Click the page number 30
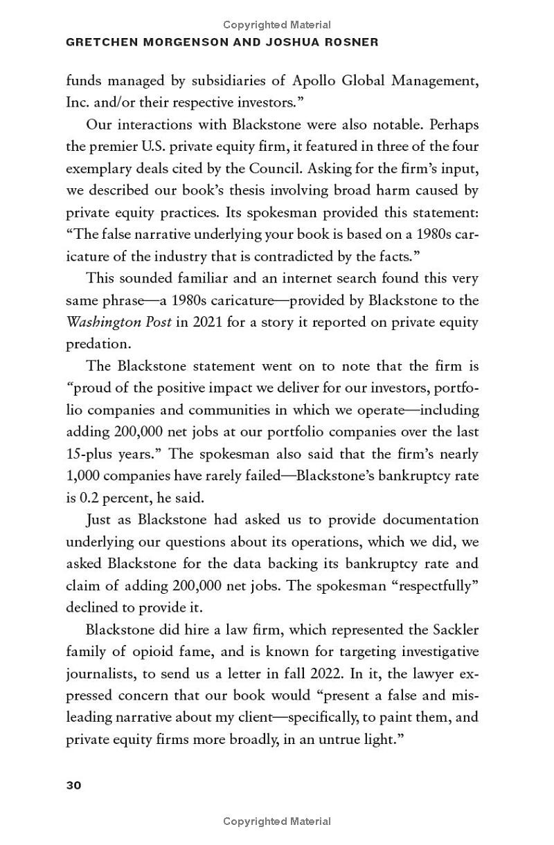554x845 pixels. [x=73, y=785]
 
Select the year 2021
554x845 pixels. [x=209, y=322]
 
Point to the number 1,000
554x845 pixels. [x=83, y=476]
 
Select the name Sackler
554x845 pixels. [x=454, y=630]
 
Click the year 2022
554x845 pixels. [x=289, y=673]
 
